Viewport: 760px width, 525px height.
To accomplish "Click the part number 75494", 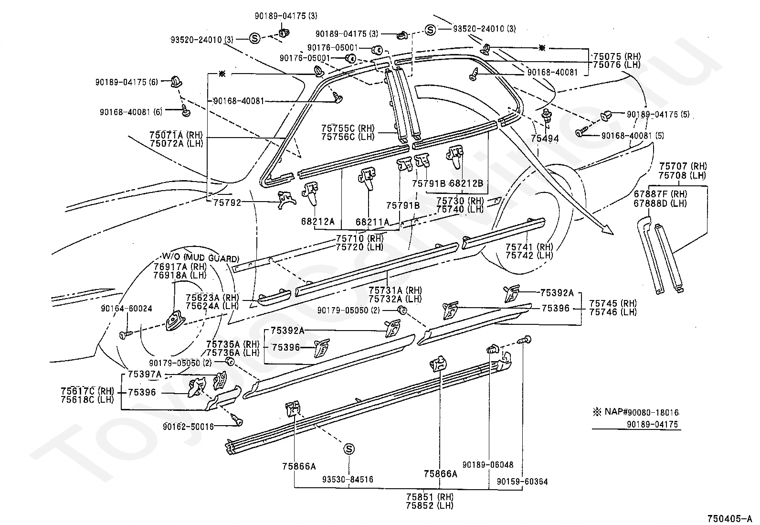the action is click(x=545, y=138).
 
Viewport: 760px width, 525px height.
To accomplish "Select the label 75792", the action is click(x=227, y=203).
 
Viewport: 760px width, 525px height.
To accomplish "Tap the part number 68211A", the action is click(x=372, y=222).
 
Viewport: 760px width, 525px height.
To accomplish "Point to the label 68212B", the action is click(x=466, y=183).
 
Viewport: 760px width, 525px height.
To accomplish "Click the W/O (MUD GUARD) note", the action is click(x=201, y=258).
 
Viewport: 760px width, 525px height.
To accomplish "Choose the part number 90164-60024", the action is click(x=126, y=309).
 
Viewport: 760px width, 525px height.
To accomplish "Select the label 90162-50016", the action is click(x=188, y=427).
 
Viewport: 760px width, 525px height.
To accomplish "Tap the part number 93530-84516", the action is click(x=348, y=479).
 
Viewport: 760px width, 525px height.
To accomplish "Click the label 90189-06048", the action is click(x=488, y=464).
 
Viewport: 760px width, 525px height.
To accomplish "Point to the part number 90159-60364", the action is click(x=522, y=482).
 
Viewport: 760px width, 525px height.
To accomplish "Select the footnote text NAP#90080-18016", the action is click(x=642, y=412).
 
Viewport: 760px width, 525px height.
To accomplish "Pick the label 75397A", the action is click(x=145, y=374).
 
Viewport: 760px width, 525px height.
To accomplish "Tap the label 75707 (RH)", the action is click(x=683, y=166).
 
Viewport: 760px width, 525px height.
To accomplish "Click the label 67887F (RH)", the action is click(x=660, y=194).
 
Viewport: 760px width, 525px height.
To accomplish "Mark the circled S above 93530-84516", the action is click(x=348, y=449).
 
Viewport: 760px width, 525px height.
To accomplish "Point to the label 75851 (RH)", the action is click(x=430, y=497).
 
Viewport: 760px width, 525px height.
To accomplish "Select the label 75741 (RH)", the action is click(x=529, y=247).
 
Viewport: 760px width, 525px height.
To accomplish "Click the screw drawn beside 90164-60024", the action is click(x=126, y=335).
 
